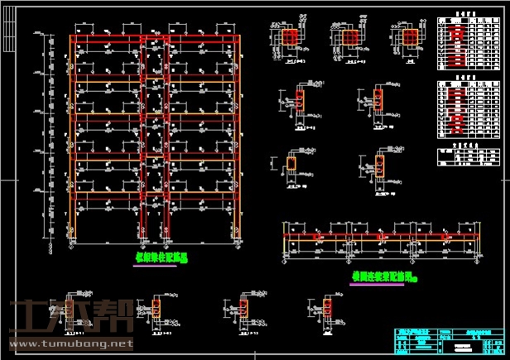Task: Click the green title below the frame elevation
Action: click(x=162, y=257)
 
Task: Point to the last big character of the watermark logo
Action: click(x=117, y=318)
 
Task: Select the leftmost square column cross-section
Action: click(x=289, y=38)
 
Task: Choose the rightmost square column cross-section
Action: click(x=407, y=38)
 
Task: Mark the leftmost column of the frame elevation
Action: click(x=72, y=141)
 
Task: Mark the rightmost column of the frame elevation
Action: click(x=241, y=141)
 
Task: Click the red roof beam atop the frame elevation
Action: click(x=156, y=38)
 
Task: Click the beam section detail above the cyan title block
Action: click(x=330, y=310)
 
